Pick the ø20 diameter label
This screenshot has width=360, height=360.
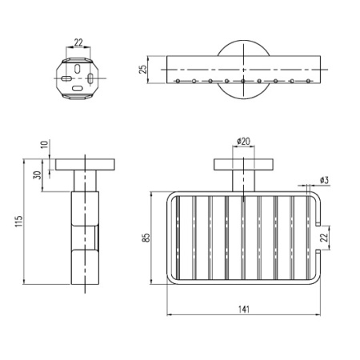point(243,142)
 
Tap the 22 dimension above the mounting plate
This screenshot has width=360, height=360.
point(78,42)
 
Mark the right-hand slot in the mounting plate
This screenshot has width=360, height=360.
point(90,79)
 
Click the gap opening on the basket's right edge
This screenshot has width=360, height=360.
point(322,238)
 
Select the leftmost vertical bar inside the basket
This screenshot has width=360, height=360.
point(178,238)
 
